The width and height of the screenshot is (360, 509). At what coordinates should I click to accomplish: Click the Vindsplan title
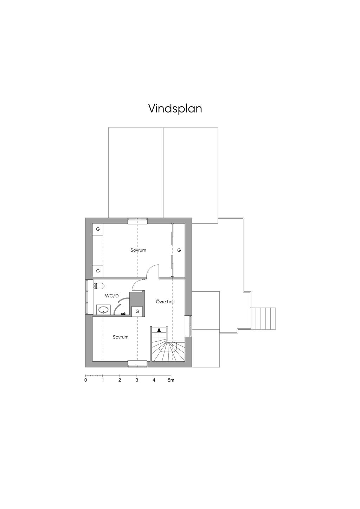click(x=175, y=108)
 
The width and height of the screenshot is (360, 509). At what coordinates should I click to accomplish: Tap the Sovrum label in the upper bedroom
click(x=138, y=250)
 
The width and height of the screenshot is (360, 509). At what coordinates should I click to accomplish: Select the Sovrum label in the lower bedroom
click(x=121, y=337)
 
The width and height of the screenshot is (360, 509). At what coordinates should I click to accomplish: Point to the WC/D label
click(x=112, y=296)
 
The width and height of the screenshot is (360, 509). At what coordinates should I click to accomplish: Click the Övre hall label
click(x=165, y=302)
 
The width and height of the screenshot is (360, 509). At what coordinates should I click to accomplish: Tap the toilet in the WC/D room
click(x=99, y=286)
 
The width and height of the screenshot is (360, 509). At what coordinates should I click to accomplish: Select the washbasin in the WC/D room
click(x=103, y=310)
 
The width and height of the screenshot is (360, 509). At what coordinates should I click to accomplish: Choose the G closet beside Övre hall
click(x=137, y=311)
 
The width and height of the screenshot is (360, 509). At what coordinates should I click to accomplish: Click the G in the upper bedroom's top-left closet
click(x=98, y=229)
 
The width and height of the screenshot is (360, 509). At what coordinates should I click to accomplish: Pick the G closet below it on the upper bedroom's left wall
click(x=98, y=271)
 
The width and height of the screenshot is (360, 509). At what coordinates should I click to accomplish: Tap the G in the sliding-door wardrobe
click(x=179, y=250)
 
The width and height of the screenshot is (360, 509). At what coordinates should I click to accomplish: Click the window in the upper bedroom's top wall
click(x=137, y=221)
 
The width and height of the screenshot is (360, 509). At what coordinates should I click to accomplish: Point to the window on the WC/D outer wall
click(x=87, y=297)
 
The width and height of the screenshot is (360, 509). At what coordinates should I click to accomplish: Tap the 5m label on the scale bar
click(x=171, y=380)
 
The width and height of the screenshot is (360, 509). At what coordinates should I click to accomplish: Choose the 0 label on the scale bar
click(x=86, y=380)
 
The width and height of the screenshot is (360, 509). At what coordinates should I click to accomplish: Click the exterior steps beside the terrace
click(x=263, y=318)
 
